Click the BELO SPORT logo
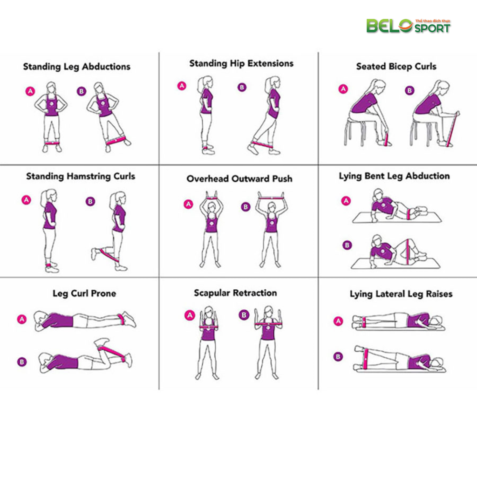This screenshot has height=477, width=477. [408, 26]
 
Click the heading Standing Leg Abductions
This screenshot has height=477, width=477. [77, 67]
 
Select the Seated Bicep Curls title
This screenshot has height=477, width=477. [396, 67]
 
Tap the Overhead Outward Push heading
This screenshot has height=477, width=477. [239, 178]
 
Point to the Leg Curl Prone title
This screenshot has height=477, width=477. [84, 293]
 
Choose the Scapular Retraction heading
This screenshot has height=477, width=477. [235, 293]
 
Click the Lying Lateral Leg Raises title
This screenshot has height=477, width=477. [401, 294]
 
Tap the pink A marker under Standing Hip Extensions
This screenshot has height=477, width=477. [182, 86]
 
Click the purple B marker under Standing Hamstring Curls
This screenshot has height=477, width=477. [90, 201]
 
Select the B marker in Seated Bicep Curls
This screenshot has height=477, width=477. [409, 90]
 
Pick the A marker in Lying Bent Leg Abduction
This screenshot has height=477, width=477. [346, 201]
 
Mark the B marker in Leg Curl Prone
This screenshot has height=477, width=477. [22, 361]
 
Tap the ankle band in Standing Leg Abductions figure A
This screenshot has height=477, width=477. [52, 143]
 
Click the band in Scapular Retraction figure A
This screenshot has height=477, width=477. [209, 327]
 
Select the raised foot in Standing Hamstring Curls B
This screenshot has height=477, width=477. [94, 254]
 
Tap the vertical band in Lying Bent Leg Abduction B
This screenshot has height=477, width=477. [407, 252]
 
